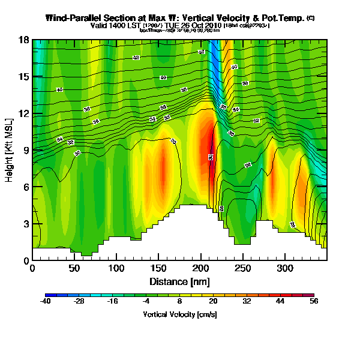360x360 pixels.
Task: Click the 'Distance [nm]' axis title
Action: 180,281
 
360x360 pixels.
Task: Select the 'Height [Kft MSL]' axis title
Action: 10,150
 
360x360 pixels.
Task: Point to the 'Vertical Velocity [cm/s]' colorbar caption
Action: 180,314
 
